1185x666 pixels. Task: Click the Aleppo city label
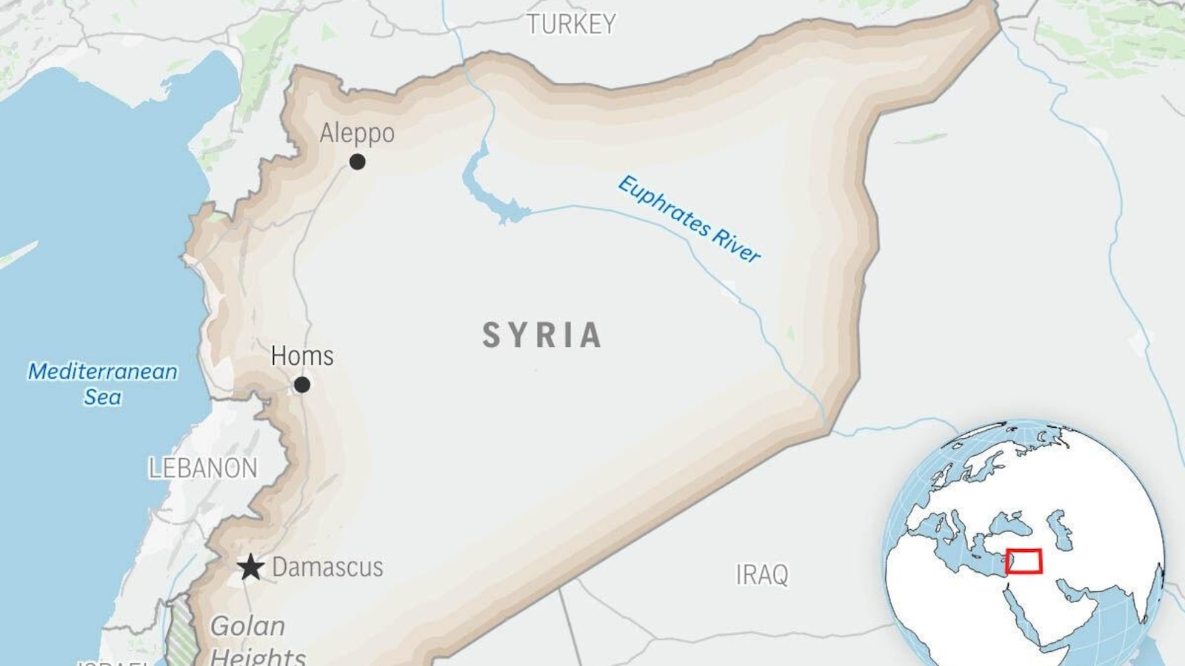click(357, 133)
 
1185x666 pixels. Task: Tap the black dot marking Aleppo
click(358, 161)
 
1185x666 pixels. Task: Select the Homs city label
click(302, 356)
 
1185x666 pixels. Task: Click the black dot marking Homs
click(302, 385)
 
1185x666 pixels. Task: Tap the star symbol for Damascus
click(251, 568)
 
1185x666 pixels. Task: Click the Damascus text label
click(327, 568)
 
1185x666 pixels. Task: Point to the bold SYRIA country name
click(542, 335)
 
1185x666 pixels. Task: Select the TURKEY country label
click(571, 24)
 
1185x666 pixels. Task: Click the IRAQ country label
click(762, 575)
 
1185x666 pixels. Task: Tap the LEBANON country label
click(203, 468)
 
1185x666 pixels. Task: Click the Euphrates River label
click(689, 219)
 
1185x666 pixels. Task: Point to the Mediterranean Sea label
click(102, 383)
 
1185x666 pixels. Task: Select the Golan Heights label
click(256, 641)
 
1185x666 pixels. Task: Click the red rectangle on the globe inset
click(1024, 562)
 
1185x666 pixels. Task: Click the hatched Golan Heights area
click(181, 629)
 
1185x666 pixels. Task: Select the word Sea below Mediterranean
click(102, 397)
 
